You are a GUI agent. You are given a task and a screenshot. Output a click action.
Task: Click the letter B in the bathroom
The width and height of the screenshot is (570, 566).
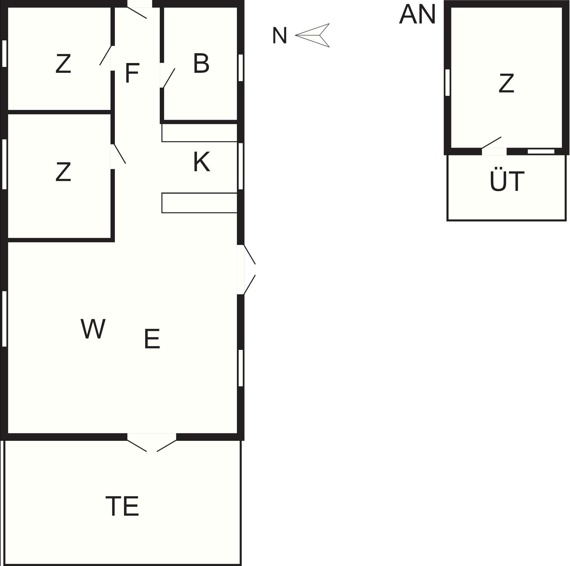pos(201,63)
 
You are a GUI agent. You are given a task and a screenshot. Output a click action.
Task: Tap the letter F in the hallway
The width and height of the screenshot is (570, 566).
pos(132,73)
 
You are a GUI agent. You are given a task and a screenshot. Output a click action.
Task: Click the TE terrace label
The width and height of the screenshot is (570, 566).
pos(122,506)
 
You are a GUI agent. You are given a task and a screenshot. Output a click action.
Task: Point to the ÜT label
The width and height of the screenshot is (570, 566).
pos(507,180)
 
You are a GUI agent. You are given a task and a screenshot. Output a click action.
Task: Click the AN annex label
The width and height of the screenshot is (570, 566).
pos(417,14)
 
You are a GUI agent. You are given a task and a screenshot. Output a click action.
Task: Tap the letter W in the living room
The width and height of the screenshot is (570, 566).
pos(93,329)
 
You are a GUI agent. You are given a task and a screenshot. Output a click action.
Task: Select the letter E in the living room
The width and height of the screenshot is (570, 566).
pos(152,339)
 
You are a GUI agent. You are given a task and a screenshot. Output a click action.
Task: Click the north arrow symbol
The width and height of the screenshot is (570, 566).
pos(314,35)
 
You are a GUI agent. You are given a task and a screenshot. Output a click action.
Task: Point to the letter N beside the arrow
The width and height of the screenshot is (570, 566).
pos(279,36)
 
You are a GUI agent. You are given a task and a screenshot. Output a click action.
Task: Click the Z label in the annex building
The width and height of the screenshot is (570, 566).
pos(506,83)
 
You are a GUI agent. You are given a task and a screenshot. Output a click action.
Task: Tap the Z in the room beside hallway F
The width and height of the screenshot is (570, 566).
pos(63,64)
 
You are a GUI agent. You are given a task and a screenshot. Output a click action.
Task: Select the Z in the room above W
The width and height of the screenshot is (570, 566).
pos(63,172)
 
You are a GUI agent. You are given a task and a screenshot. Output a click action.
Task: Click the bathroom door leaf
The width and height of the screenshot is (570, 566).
pos(169,78)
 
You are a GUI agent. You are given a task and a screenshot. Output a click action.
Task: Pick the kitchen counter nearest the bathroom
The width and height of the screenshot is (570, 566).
pos(200,133)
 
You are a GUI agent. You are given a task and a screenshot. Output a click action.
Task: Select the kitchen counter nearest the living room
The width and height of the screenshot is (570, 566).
pos(200,203)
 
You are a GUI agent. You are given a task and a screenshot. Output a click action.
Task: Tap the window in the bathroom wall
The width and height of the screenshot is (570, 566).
pos(241,68)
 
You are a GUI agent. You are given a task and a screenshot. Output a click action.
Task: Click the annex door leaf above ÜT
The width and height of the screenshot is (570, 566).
pos(491,142)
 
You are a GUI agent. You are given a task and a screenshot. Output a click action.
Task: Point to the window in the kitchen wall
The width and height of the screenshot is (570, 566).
pos(240,166)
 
